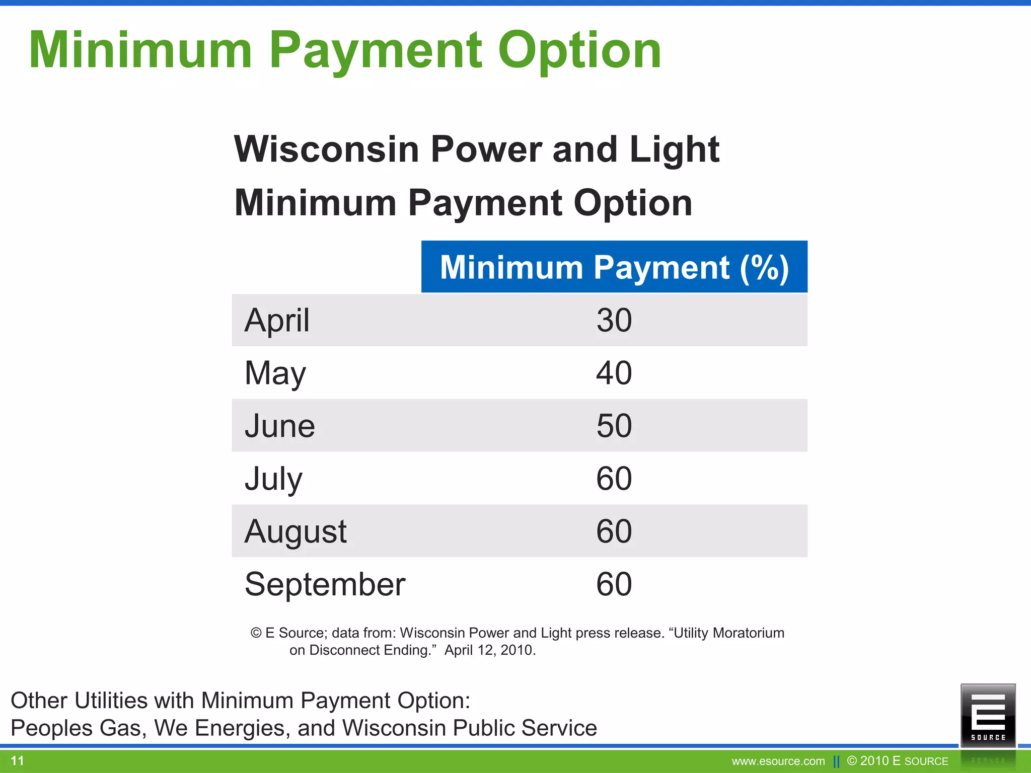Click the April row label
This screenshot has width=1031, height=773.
click(277, 320)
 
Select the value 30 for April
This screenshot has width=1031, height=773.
click(614, 320)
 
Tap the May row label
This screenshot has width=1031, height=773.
click(275, 373)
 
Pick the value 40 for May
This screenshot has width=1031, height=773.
click(614, 373)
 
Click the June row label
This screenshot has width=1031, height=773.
click(280, 426)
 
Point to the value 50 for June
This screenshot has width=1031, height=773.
click(614, 426)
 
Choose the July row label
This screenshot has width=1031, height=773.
click(273, 479)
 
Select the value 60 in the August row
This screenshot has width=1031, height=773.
click(614, 531)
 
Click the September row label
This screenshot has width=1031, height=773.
click(325, 584)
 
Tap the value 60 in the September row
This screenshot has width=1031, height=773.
click(614, 584)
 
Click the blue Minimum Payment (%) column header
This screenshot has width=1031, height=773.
click(614, 267)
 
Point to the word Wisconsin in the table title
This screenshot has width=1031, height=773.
click(326, 149)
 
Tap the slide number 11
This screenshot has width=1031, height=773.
click(17, 760)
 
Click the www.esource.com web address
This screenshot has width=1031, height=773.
click(778, 761)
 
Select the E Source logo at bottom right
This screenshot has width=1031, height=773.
click(988, 715)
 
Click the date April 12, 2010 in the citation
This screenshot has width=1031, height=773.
click(489, 650)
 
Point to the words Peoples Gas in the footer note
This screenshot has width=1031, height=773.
click(75, 728)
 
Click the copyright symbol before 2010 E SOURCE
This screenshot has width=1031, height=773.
click(852, 761)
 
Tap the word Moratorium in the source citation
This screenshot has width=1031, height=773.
click(749, 633)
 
